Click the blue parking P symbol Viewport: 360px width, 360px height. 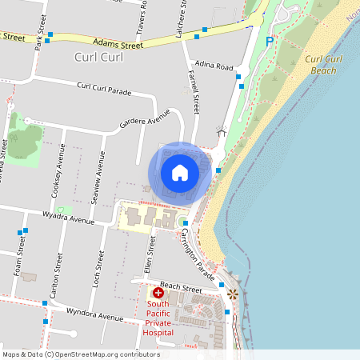coord(270,42)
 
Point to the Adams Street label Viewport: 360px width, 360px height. coord(118,45)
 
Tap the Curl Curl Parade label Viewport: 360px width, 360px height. coord(104,88)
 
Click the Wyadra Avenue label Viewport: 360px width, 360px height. coord(70,218)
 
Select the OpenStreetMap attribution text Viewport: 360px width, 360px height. coord(81,354)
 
